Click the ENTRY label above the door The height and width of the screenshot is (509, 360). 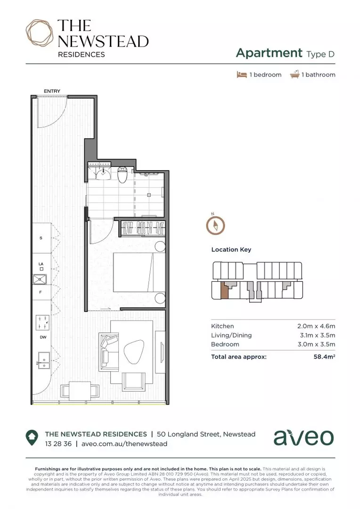[52, 91]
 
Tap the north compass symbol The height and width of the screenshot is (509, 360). [215, 225]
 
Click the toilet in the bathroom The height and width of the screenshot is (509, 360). [123, 175]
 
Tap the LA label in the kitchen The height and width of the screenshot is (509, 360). [41, 263]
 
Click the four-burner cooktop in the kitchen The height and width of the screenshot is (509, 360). [42, 323]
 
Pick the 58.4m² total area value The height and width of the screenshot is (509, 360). [324, 357]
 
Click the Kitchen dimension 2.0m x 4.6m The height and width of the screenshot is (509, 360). [316, 326]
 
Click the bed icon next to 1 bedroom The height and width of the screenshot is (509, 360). [242, 74]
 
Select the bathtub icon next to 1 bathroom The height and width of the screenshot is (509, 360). [295, 74]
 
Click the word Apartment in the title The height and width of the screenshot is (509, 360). [269, 53]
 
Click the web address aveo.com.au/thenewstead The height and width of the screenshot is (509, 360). [124, 443]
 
